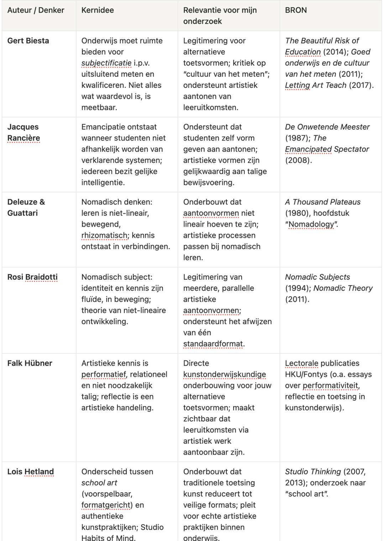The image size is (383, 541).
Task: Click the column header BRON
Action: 296,10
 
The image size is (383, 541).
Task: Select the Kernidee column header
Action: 98,10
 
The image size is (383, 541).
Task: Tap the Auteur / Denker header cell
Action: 36,10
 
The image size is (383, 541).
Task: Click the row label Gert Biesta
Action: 28,41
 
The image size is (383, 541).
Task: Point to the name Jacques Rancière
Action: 23,132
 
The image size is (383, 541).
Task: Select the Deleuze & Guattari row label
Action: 26,208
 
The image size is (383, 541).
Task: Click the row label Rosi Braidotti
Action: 32,277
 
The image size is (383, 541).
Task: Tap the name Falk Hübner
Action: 30,363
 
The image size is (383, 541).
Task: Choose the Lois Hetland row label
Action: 31,472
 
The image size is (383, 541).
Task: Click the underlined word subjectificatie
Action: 106,63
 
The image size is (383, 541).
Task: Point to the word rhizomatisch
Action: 105,236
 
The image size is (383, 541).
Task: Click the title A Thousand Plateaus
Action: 322,202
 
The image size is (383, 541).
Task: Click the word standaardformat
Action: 213,344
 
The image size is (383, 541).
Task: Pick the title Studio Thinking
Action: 313,472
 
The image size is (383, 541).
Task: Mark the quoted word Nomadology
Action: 311,225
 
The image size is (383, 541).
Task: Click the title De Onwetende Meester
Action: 327,127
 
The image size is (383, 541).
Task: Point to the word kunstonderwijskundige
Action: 224,374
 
